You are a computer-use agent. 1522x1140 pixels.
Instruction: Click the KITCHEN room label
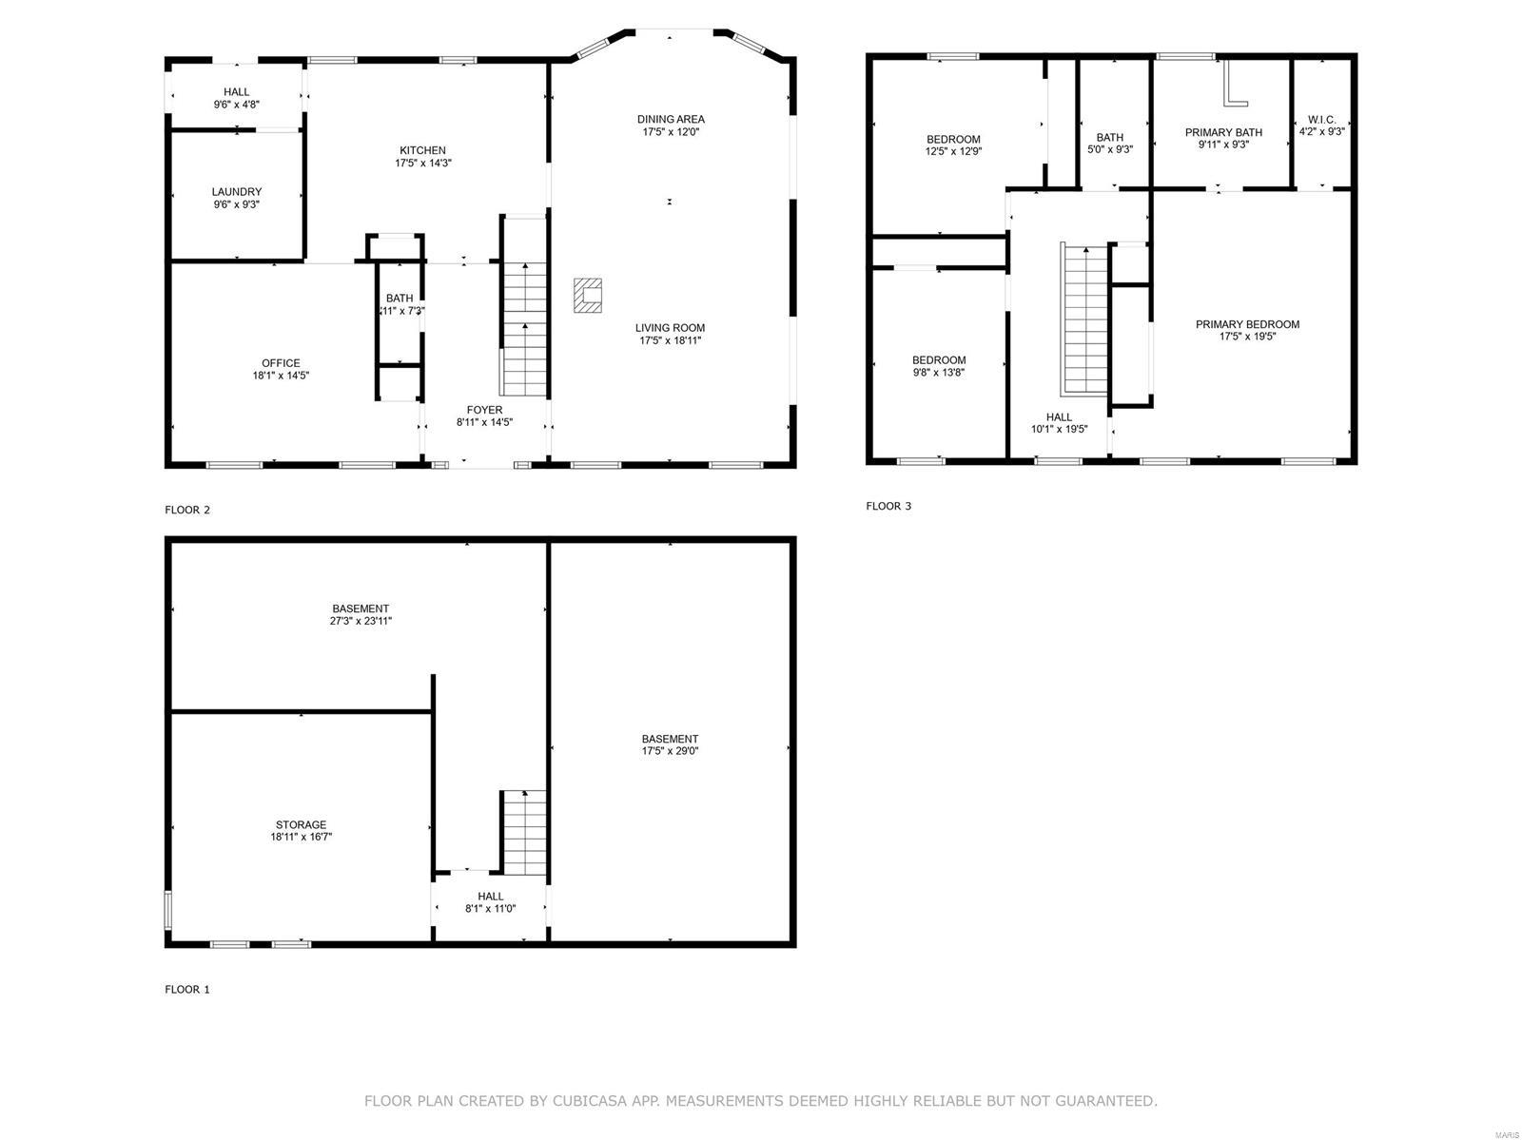(422, 150)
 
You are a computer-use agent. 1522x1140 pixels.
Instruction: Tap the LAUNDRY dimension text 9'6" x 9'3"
(237, 204)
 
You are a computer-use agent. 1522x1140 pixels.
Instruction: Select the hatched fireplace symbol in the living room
(588, 295)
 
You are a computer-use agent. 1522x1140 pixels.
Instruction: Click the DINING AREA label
(671, 119)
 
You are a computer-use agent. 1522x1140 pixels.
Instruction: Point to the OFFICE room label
(281, 363)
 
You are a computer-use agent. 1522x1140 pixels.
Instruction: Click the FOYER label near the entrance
(484, 410)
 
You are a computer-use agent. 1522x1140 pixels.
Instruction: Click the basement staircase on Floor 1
(524, 832)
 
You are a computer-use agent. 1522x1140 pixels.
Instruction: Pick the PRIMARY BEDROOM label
(1247, 324)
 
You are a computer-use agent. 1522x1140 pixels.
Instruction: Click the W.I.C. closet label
(1321, 120)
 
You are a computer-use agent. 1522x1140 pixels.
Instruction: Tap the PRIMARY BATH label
(1223, 132)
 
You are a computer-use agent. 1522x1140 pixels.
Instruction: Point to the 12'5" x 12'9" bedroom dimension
(953, 151)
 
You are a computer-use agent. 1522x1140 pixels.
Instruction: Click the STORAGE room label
(301, 824)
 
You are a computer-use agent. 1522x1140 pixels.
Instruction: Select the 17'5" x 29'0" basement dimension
(670, 751)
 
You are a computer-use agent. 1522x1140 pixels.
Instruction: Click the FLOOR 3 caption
(888, 506)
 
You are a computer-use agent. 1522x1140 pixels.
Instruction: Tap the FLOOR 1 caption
(187, 989)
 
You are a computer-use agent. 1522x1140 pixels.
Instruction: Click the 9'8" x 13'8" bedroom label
(939, 373)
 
